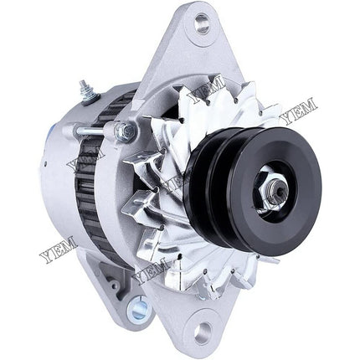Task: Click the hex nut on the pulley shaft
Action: click(x=268, y=192)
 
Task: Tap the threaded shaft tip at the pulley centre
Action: click(x=278, y=191)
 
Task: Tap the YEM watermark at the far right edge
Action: click(x=299, y=111)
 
